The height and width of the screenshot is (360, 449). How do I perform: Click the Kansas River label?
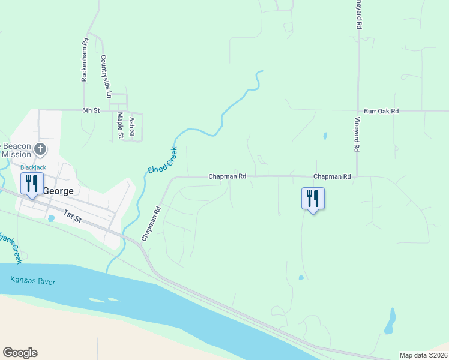(x=32, y=281)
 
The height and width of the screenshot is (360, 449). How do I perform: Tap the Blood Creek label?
(x=161, y=161)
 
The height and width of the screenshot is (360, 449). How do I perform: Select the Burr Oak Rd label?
(x=381, y=112)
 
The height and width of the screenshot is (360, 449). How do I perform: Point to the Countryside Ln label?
(x=106, y=77)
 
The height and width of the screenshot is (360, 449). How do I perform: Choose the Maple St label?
(x=121, y=125)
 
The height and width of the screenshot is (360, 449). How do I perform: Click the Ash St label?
(x=132, y=126)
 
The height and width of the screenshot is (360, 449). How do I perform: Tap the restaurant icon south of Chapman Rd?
(x=313, y=197)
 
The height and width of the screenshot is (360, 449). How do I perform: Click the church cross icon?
(x=40, y=148)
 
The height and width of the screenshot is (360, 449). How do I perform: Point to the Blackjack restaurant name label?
(x=33, y=167)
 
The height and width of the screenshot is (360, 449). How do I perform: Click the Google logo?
(x=20, y=353)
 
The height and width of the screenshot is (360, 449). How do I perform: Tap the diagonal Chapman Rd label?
(x=151, y=224)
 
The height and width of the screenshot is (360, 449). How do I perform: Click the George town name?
(x=58, y=191)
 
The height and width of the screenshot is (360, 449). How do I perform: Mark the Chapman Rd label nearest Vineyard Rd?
(x=332, y=177)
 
